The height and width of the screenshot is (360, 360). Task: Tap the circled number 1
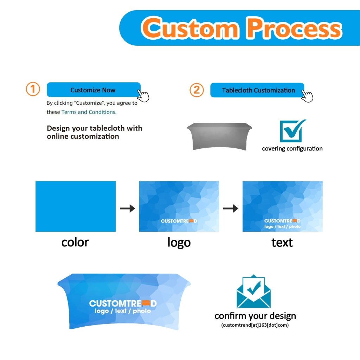click(33, 89)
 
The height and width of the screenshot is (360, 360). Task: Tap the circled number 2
click(197, 90)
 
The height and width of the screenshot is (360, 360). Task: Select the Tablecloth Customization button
click(257, 90)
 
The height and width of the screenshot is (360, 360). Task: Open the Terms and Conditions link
click(89, 112)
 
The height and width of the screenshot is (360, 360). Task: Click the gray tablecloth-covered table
click(219, 136)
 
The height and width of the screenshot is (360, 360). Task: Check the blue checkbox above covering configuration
click(292, 131)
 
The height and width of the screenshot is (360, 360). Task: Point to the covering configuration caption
click(292, 149)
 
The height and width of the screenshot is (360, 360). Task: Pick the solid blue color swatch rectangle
click(76, 206)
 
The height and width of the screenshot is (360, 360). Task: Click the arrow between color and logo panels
click(127, 208)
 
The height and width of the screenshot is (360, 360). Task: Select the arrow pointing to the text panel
click(231, 208)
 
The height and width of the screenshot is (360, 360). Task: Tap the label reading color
click(75, 243)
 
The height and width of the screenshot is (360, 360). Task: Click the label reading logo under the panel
click(179, 243)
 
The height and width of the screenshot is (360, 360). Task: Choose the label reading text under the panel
click(282, 243)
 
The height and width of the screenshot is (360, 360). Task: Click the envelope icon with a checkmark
click(253, 291)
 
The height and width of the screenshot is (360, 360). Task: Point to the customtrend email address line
click(255, 325)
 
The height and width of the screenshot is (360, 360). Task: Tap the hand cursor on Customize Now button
click(143, 96)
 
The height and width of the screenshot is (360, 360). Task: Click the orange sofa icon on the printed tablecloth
click(146, 303)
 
